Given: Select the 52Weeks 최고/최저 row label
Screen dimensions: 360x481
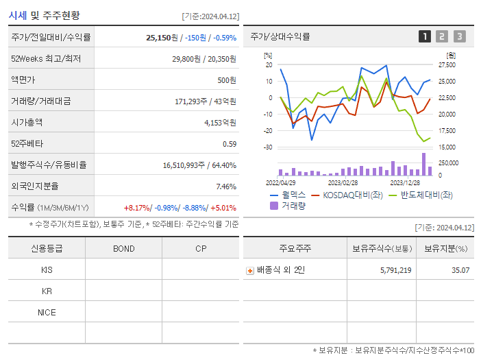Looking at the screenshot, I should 46,59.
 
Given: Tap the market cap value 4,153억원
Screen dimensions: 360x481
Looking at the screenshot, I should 220,123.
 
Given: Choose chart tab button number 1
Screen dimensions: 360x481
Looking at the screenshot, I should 425,36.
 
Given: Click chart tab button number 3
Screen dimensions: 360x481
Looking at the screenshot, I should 459,36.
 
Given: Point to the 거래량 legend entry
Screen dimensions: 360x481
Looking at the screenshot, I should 287,205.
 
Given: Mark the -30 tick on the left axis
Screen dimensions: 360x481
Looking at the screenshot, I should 268,147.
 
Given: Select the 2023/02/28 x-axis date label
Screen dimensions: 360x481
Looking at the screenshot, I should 343,183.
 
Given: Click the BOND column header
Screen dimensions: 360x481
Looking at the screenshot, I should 123,248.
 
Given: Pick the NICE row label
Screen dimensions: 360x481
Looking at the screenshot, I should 47,313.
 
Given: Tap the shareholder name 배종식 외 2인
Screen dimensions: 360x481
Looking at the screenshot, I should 280,270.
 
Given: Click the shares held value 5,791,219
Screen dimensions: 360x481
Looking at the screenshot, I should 395,270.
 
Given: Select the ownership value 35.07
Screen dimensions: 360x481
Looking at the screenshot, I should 460,270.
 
